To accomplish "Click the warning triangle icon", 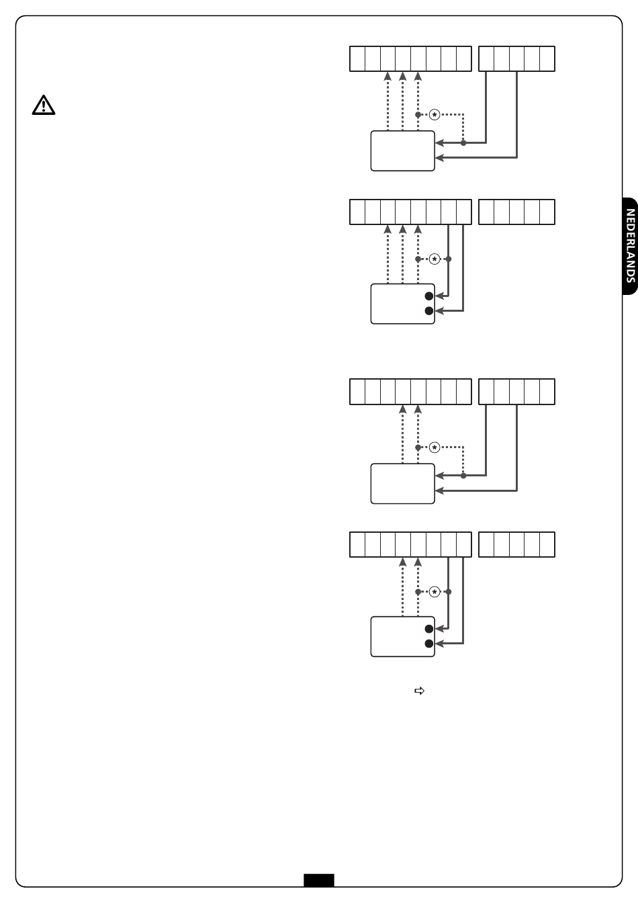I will coord(43,105).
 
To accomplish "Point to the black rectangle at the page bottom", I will coord(318,880).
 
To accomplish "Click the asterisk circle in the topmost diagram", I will coord(435,115).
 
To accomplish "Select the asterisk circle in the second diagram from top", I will coord(435,259).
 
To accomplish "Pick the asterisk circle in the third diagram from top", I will coord(435,447).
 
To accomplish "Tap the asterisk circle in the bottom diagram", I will coord(435,592).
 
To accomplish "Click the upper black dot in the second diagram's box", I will coord(428,296).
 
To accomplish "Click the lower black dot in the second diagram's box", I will coord(428,310).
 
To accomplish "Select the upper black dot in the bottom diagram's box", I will coord(428,629).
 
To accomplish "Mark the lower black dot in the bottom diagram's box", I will coord(428,644).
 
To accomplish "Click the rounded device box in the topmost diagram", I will coord(403,150).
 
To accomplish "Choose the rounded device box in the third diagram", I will coord(403,483).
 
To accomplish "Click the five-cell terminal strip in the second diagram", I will coord(516,212).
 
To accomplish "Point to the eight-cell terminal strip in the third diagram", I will coord(410,392).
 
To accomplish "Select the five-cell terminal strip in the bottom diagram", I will coord(516,544).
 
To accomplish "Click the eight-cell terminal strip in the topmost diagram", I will coord(410,59).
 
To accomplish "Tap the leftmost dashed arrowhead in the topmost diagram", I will coord(388,76).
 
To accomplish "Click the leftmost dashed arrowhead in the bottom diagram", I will coord(402,561).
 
